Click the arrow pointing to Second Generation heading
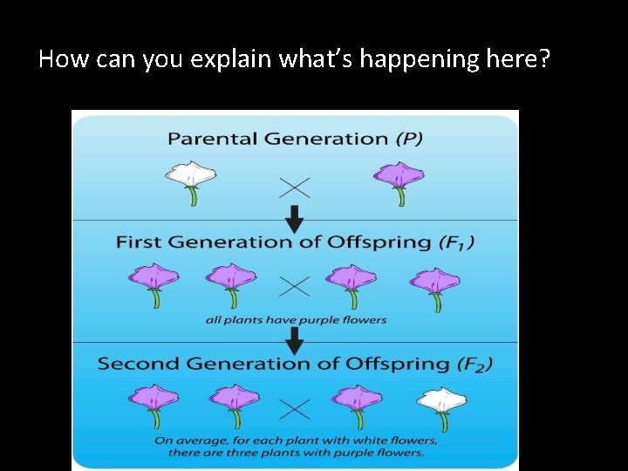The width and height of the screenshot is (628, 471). tap(296, 338)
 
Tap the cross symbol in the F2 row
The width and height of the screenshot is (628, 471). tap(296, 407)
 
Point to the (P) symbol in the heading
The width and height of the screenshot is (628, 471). tap(407, 139)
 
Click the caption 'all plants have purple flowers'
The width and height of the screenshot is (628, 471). tap(296, 320)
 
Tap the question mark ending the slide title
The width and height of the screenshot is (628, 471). tap(544, 59)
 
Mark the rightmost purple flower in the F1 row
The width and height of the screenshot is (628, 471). tap(434, 283)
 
